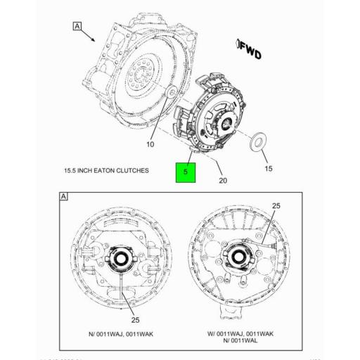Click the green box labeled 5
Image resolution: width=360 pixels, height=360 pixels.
pos(186,171)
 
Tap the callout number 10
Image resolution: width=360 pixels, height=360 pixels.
pos(149,145)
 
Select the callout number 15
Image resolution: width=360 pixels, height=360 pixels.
pos(267,168)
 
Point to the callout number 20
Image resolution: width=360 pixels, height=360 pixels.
pos(222,180)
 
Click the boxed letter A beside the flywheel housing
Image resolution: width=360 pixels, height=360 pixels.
pos(77,27)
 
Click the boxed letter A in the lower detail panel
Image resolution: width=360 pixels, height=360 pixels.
pos(63,198)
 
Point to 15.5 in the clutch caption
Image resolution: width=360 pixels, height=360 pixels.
pos(71,171)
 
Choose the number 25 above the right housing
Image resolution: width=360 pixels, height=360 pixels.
pos(276,206)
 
